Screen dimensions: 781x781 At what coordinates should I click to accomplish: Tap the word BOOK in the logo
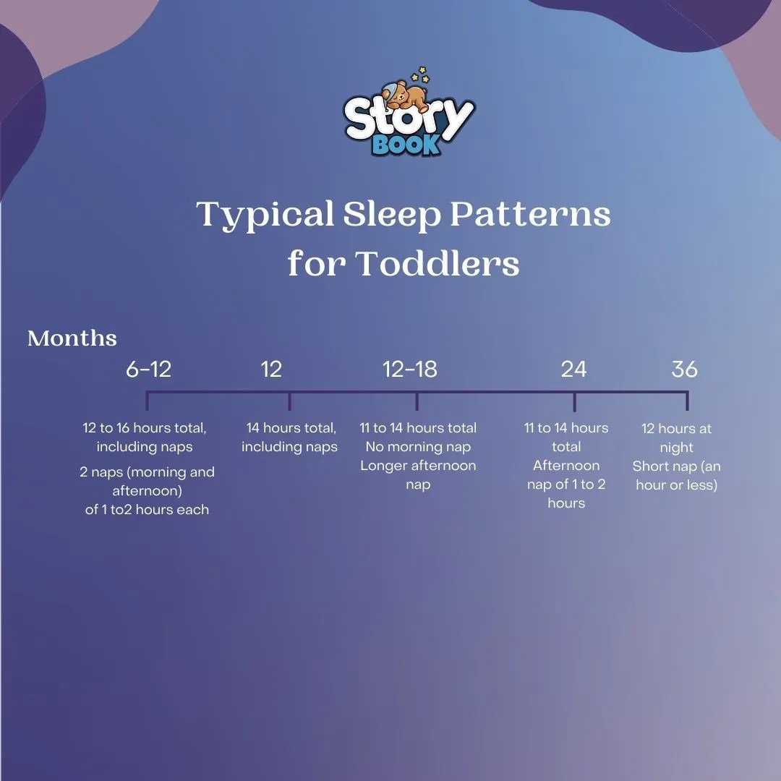pyautogui.click(x=406, y=144)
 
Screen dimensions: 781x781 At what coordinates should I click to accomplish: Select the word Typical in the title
pyautogui.click(x=265, y=215)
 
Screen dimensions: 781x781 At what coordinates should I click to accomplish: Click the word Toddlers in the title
pyautogui.click(x=437, y=264)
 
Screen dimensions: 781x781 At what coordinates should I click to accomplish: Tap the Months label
pyautogui.click(x=72, y=338)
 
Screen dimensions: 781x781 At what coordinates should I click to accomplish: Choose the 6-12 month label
pyautogui.click(x=148, y=370)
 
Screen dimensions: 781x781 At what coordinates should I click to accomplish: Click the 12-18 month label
pyautogui.click(x=410, y=370)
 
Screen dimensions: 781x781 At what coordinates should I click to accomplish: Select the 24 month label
pyautogui.click(x=573, y=370)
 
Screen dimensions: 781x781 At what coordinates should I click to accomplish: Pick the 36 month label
pyautogui.click(x=684, y=370)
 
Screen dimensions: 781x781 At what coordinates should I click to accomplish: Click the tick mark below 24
pyautogui.click(x=575, y=401)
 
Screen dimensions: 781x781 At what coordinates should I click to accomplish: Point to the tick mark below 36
pyautogui.click(x=687, y=401)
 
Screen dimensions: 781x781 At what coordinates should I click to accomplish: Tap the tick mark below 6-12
pyautogui.click(x=147, y=401)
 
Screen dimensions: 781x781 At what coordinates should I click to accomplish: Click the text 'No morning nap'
pyautogui.click(x=418, y=447)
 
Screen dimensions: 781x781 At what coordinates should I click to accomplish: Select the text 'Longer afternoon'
pyautogui.click(x=418, y=466)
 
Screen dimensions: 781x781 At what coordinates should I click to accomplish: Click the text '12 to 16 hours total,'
pyautogui.click(x=145, y=428)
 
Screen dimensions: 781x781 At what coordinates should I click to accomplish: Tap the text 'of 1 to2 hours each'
pyautogui.click(x=147, y=510)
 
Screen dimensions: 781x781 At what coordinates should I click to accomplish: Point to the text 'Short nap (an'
pyautogui.click(x=676, y=466)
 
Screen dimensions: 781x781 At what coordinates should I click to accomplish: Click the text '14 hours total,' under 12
pyautogui.click(x=291, y=428)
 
